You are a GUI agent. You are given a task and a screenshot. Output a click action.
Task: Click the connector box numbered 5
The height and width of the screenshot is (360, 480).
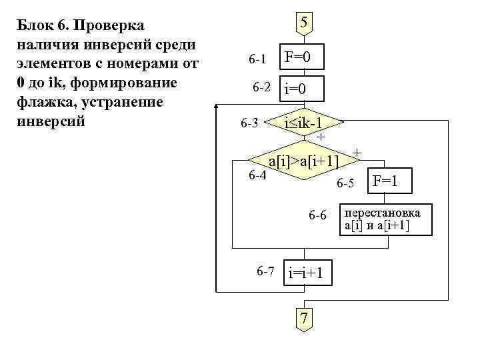point(303,23)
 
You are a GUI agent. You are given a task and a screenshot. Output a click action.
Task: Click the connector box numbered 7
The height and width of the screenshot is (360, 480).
point(303,319)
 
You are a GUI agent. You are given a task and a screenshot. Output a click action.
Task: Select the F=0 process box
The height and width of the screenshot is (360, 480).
point(303,58)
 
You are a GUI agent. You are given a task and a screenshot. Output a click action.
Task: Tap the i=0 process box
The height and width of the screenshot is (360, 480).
point(303,89)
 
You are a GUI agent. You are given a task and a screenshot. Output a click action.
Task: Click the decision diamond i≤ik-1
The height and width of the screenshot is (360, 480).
point(303,123)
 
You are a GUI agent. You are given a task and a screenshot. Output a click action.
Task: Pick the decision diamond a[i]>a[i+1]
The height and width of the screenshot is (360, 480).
point(303,160)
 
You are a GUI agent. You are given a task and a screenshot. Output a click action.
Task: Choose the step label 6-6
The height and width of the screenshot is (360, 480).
point(317,215)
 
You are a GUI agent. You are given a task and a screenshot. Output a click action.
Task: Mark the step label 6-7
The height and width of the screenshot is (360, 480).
point(265,271)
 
